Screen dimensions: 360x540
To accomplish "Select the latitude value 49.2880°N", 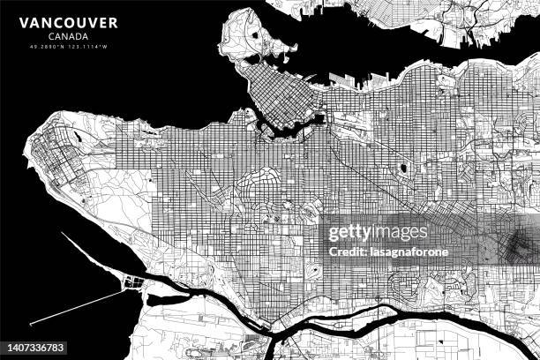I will point(49,46).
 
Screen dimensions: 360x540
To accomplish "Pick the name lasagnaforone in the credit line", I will point(421,251).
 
